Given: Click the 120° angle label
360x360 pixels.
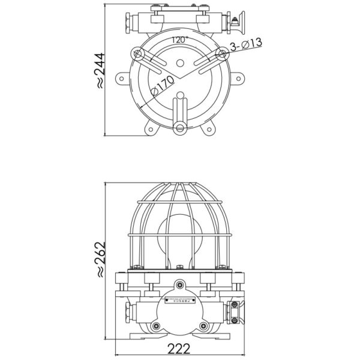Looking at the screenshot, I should [x=179, y=40].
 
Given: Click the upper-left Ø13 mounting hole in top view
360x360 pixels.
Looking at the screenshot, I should [x=139, y=55].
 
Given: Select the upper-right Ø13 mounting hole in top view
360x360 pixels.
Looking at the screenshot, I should [x=221, y=55].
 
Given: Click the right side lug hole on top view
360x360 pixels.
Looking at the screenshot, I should [x=238, y=78].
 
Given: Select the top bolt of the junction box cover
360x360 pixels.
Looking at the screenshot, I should [x=179, y=284].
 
